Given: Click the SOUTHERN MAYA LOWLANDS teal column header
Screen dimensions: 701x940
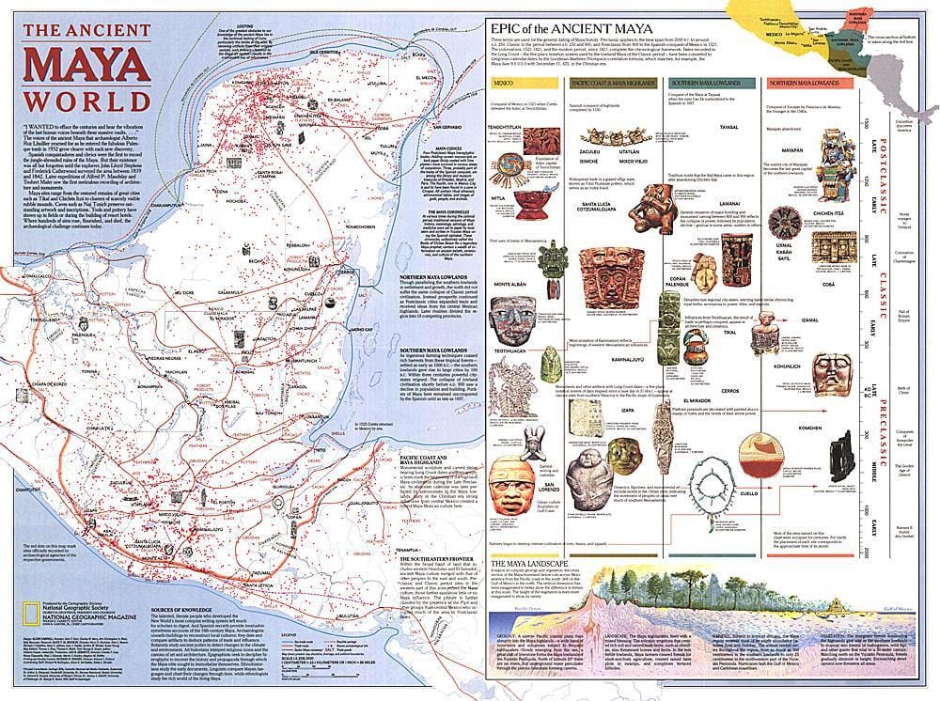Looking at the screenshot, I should tap(711, 84).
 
